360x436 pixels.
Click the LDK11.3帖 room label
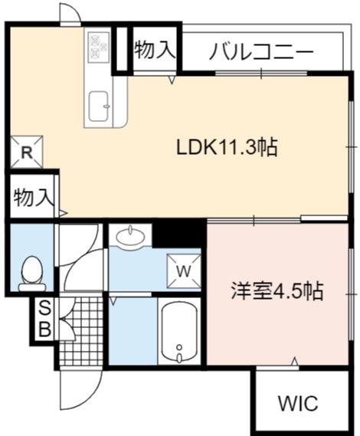point(227,147)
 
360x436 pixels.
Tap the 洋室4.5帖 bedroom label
point(277,291)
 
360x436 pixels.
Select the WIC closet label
point(298,403)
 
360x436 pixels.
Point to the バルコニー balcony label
point(261,51)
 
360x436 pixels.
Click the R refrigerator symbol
point(27,152)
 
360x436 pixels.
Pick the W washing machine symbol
point(184,270)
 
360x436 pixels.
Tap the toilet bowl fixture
point(31,274)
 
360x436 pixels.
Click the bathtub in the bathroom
point(179,332)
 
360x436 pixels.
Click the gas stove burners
point(98,47)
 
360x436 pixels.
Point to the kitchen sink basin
point(98,107)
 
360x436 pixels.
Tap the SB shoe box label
point(44,319)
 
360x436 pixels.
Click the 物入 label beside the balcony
point(155,50)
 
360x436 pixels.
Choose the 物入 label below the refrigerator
point(34,198)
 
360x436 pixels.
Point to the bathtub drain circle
point(179,347)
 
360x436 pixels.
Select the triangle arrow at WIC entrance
point(295,362)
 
